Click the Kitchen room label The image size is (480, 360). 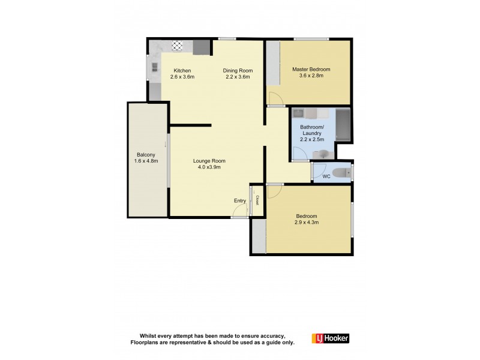coord(182,70)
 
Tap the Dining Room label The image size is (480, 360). coord(238,70)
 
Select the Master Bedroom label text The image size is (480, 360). coord(311,69)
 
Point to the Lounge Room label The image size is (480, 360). coord(209,161)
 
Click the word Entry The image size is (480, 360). coord(239,200)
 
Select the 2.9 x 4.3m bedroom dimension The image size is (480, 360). coord(306,223)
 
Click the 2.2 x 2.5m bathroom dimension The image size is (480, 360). coord(311,140)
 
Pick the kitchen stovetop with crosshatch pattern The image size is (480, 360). coord(178,45)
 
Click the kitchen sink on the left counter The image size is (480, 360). coord(154,68)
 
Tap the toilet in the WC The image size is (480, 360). coord(341,173)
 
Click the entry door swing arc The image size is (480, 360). coord(242,211)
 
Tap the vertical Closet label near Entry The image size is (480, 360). coord(257,200)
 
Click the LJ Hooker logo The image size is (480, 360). coord(330,338)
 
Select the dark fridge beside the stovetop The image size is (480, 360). coord(202,47)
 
